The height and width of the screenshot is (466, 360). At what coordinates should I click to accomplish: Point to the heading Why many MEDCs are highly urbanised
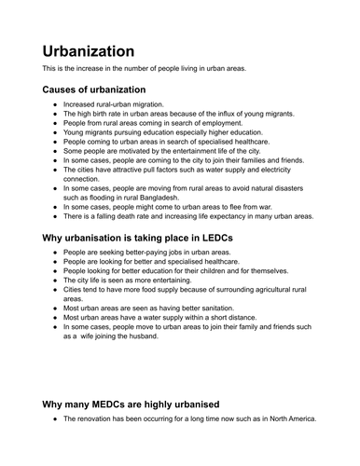[131, 404]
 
